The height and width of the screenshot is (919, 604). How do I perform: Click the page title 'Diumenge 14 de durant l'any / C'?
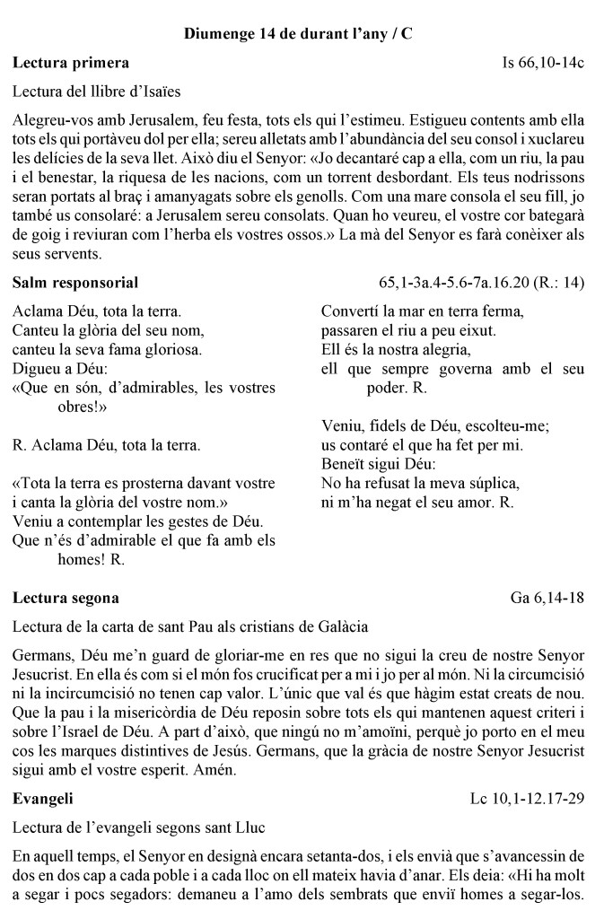point(298,34)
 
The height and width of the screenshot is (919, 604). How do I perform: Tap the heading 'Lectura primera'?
point(71,63)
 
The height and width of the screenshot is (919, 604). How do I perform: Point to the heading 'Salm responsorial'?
point(75,284)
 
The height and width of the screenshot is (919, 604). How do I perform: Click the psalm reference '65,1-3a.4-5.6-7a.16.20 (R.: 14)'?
point(482,284)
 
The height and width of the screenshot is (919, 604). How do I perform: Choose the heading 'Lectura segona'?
point(66,598)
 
